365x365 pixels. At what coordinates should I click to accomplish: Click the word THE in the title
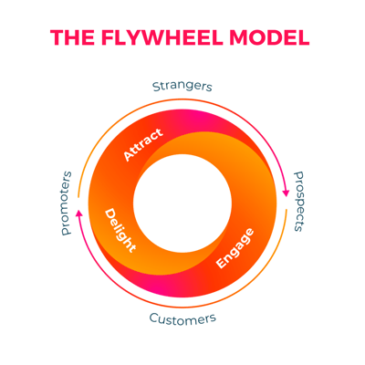click(73, 37)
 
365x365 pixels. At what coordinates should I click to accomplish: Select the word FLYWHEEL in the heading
click(162, 37)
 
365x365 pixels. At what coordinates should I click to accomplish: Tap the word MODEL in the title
click(269, 37)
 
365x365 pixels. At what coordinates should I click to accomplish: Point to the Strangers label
click(182, 87)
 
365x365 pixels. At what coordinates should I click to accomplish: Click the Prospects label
click(299, 202)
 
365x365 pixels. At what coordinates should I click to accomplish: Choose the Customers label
click(182, 318)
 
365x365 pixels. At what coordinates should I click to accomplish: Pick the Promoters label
click(67, 203)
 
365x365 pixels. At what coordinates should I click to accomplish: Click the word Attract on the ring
click(143, 144)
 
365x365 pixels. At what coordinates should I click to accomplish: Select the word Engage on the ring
click(235, 248)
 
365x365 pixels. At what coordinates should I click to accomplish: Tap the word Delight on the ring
click(120, 230)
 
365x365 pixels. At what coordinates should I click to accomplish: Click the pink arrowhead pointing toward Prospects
click(286, 193)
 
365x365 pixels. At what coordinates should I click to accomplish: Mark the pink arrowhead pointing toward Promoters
click(79, 213)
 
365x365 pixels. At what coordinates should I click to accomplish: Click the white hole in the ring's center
click(182, 203)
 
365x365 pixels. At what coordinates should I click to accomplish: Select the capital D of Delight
click(110, 214)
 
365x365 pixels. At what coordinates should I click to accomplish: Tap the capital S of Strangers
click(156, 87)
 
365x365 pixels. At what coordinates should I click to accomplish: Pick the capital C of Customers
click(154, 318)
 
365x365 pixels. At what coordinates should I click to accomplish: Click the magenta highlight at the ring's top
click(198, 117)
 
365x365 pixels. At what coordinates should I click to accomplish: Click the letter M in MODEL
click(239, 37)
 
